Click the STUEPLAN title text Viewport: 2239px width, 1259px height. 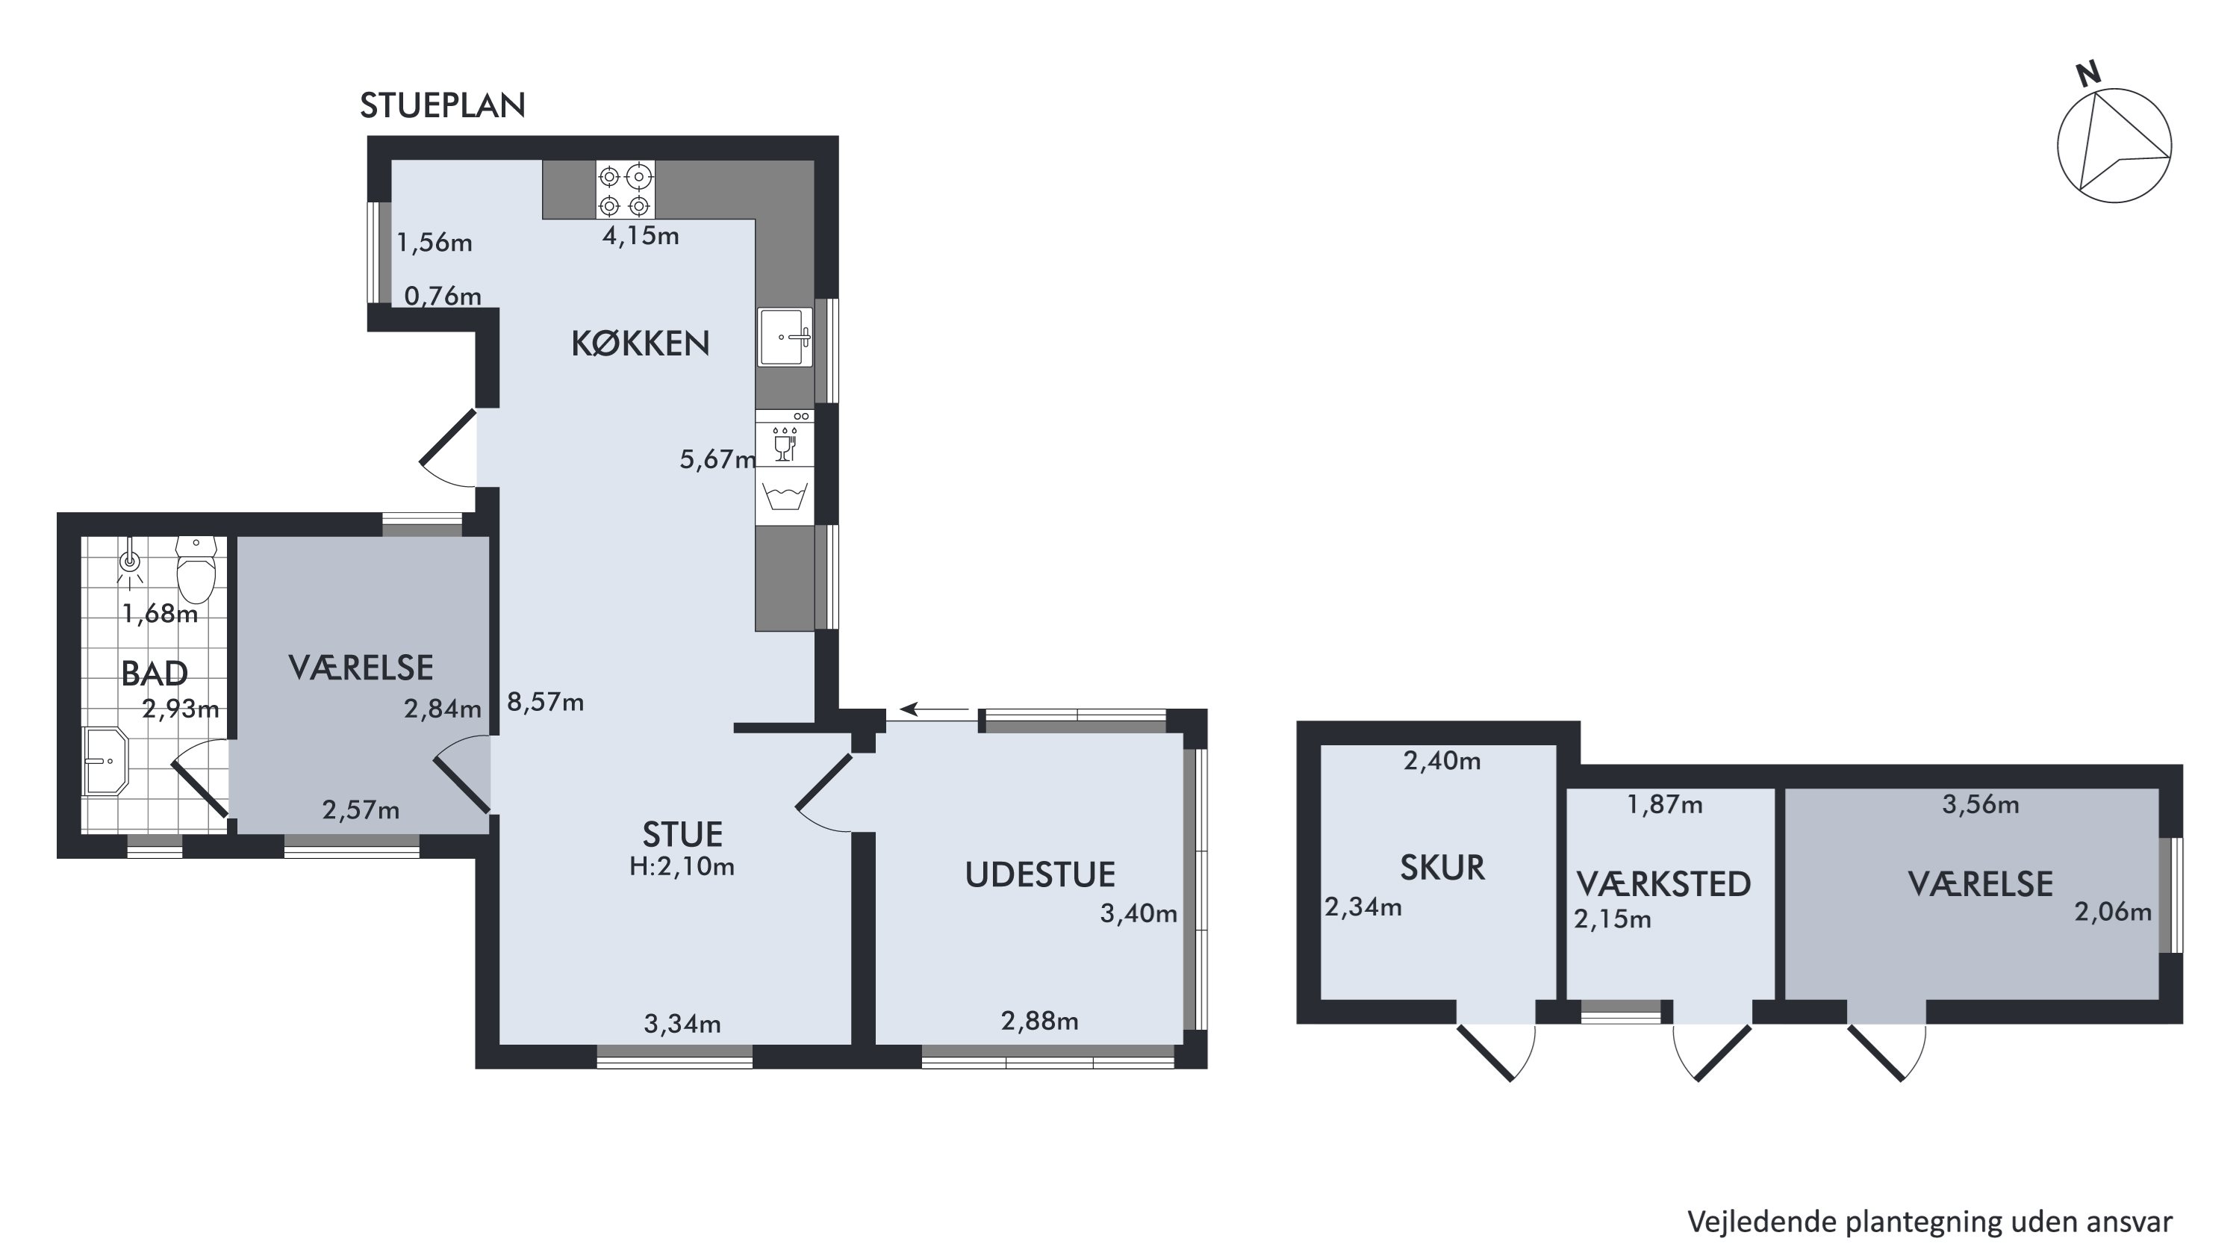click(443, 105)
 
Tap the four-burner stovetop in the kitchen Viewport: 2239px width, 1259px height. click(625, 190)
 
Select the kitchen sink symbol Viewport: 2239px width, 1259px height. click(785, 337)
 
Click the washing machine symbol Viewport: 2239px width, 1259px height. click(785, 496)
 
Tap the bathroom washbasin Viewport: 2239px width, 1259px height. click(105, 762)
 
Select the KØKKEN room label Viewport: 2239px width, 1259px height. click(641, 343)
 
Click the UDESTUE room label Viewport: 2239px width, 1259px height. click(1041, 874)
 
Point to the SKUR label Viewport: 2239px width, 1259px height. click(1443, 868)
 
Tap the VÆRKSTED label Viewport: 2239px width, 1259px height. click(1663, 884)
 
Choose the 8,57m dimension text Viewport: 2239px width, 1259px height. click(545, 702)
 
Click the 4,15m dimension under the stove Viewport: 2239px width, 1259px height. click(641, 236)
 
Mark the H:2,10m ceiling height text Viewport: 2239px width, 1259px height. click(682, 867)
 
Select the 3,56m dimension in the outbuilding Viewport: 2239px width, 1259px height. click(1981, 804)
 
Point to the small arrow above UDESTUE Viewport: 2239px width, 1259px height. click(935, 709)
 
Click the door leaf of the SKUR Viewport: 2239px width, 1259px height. click(1484, 1053)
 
